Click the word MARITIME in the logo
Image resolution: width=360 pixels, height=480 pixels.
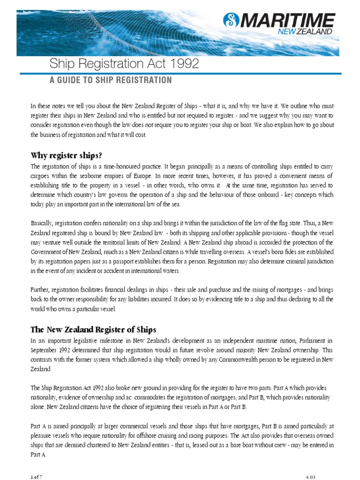[289, 20]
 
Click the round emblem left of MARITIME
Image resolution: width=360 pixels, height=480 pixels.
[232, 20]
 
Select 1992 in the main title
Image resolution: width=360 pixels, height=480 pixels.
[184, 64]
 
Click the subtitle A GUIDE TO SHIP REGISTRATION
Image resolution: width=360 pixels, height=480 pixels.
[111, 80]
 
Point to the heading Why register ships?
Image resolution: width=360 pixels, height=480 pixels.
[66, 155]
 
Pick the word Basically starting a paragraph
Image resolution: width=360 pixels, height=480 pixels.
[44, 224]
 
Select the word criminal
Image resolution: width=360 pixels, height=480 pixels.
[292, 262]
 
